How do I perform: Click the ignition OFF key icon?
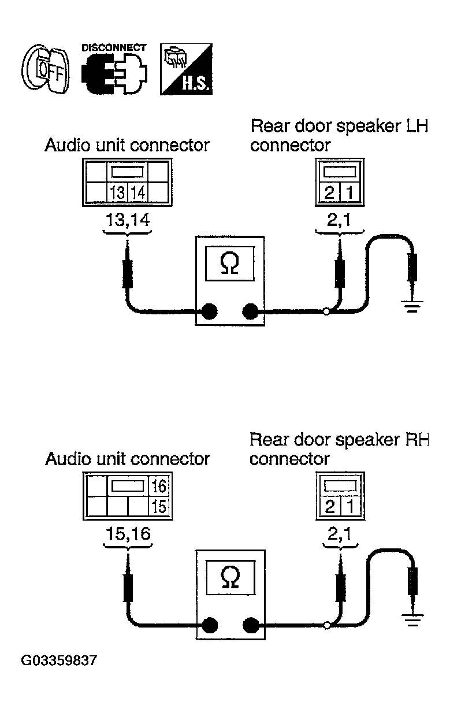45,69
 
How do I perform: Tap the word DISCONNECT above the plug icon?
114,48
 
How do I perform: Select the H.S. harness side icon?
186,69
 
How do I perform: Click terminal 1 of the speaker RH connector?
350,506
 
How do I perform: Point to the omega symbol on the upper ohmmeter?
230,263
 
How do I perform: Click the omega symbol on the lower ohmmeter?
230,577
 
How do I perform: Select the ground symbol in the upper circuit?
412,306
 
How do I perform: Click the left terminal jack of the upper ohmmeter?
209,311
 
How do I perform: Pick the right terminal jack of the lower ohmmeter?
251,625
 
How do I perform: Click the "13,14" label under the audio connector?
128,220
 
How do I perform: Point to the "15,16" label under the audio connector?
128,534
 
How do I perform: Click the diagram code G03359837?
59,660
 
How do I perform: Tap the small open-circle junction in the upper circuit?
327,312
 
